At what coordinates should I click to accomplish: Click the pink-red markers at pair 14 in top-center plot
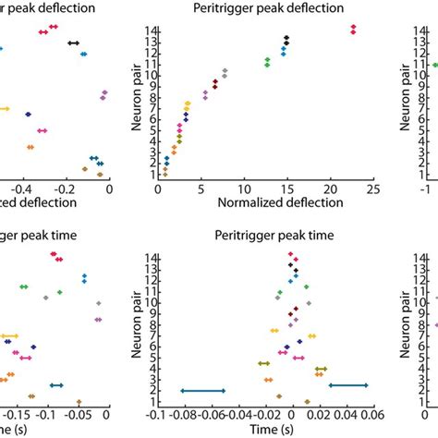tap(353, 30)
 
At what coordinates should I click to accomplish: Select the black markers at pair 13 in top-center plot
tap(286, 40)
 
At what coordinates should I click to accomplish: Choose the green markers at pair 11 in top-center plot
tap(267, 62)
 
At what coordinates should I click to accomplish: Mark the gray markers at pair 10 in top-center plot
tap(225, 72)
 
